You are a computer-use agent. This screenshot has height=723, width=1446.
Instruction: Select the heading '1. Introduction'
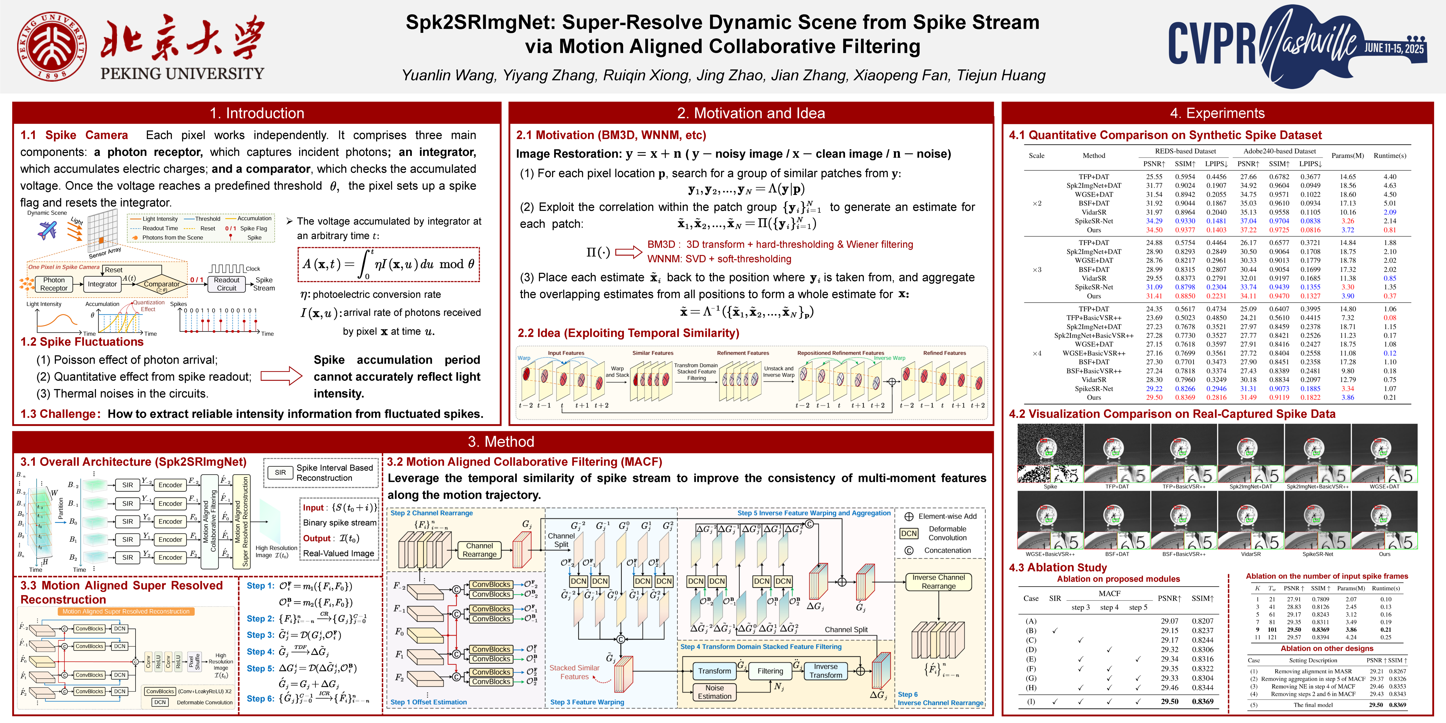coord(256,113)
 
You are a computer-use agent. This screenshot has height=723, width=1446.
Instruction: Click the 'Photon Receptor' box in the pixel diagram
coord(54,284)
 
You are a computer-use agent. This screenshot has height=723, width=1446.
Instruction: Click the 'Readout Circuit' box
coord(227,284)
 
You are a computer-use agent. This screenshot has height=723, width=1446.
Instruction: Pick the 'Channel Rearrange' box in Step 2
coord(479,550)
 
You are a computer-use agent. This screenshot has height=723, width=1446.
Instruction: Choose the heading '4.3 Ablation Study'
coord(1058,567)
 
